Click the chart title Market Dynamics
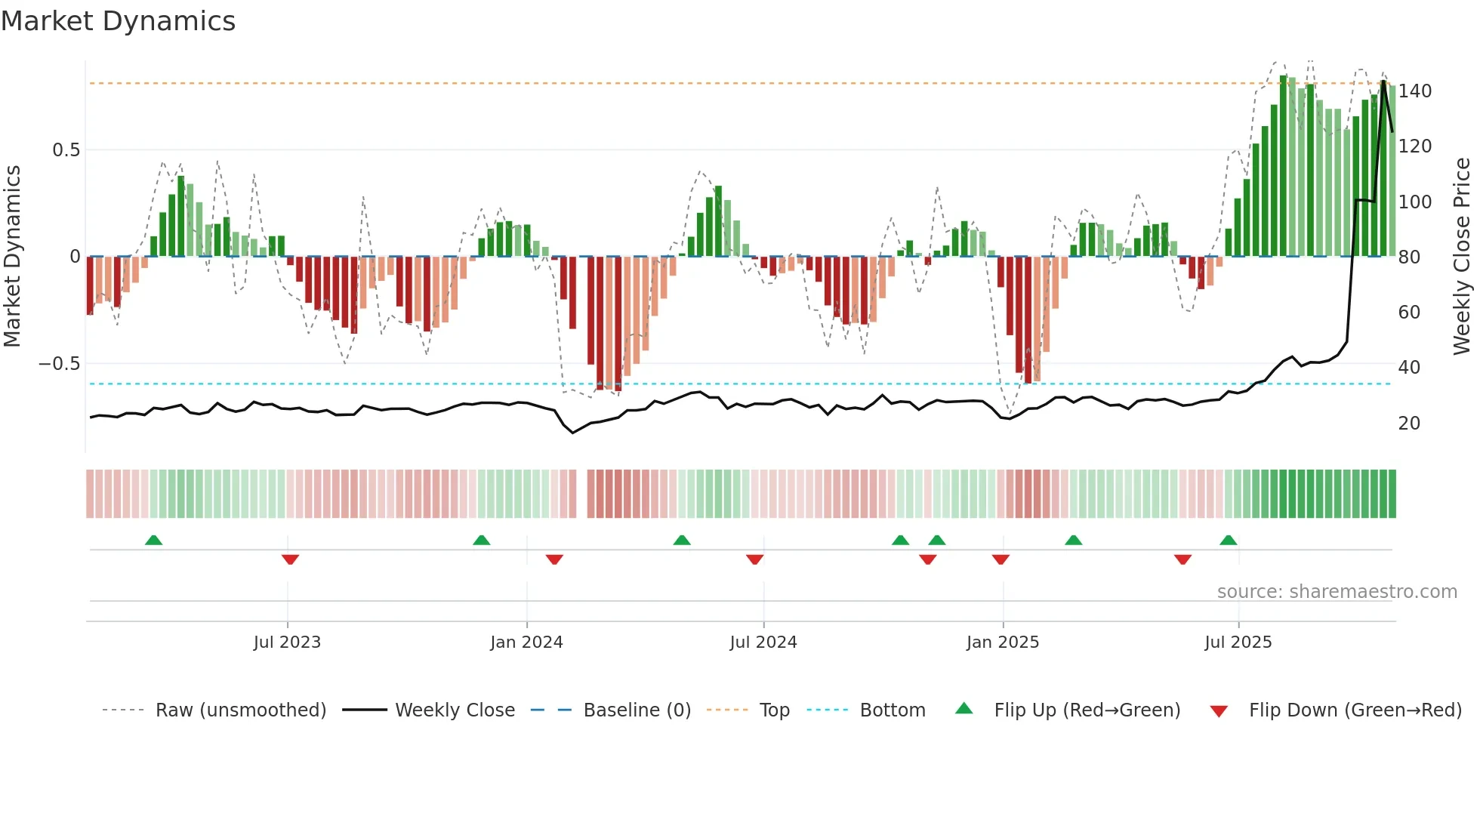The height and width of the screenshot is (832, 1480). (x=118, y=21)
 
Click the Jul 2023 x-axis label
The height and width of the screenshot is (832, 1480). (x=287, y=642)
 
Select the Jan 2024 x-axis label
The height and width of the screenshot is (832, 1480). (x=526, y=642)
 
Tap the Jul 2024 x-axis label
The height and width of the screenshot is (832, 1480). (x=763, y=642)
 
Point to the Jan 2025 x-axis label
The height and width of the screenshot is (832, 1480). (x=1003, y=642)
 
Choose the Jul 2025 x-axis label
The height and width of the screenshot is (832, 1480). (x=1238, y=642)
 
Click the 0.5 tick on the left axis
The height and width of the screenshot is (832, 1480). (x=66, y=150)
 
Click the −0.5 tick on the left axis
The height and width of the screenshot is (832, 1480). (x=60, y=364)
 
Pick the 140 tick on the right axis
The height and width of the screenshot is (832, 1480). (x=1415, y=91)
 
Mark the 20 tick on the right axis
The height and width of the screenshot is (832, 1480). (x=1409, y=424)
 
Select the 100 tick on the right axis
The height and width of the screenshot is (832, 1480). (x=1415, y=202)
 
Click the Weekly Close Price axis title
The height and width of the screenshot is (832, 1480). (x=1462, y=257)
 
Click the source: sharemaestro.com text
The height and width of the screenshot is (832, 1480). (x=1337, y=592)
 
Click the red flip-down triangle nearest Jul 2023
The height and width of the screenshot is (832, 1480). (x=290, y=559)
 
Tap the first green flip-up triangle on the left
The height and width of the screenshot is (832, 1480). (x=153, y=540)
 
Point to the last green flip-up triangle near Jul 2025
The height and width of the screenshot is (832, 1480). (x=1228, y=540)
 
